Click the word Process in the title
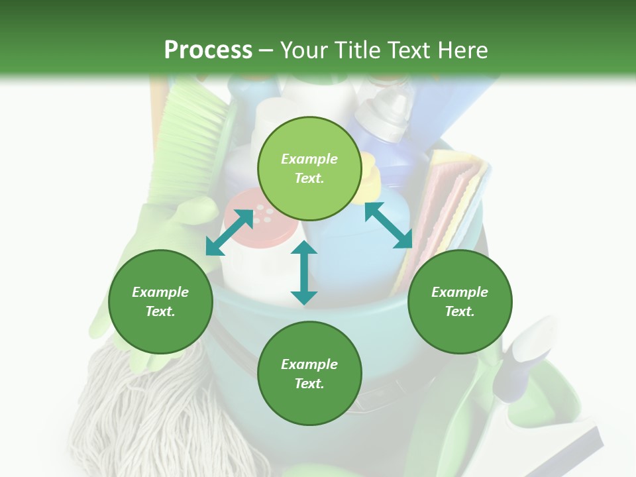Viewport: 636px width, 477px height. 208,50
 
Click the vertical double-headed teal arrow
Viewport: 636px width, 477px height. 304,272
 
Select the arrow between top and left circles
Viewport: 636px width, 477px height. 229,233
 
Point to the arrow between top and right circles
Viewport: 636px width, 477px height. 388,225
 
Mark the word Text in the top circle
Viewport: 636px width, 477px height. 309,178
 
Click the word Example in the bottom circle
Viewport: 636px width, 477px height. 309,364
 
